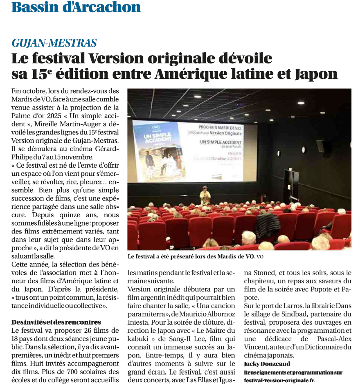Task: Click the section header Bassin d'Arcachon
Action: (76, 7)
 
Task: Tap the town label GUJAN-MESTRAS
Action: (54, 43)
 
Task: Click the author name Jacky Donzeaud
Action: (267, 364)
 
